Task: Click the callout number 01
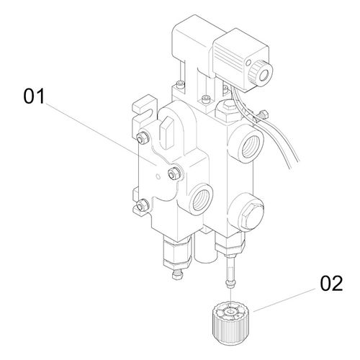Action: point(34,96)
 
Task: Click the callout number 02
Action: point(331,284)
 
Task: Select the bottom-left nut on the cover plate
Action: point(141,205)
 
